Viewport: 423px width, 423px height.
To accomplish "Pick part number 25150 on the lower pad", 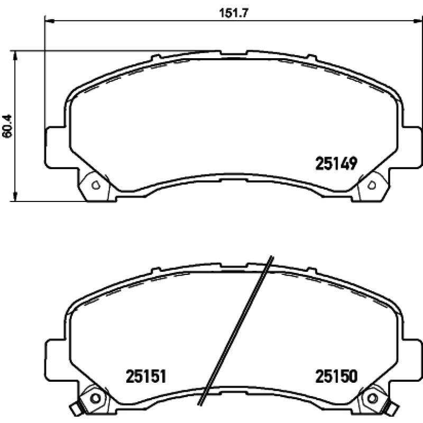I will (337, 376).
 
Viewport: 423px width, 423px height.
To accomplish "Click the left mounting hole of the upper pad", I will (96, 185).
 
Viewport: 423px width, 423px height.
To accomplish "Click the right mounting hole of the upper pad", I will (372, 185).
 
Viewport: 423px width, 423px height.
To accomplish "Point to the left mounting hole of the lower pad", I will (96, 398).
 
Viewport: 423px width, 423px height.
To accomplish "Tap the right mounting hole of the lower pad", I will (372, 398).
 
